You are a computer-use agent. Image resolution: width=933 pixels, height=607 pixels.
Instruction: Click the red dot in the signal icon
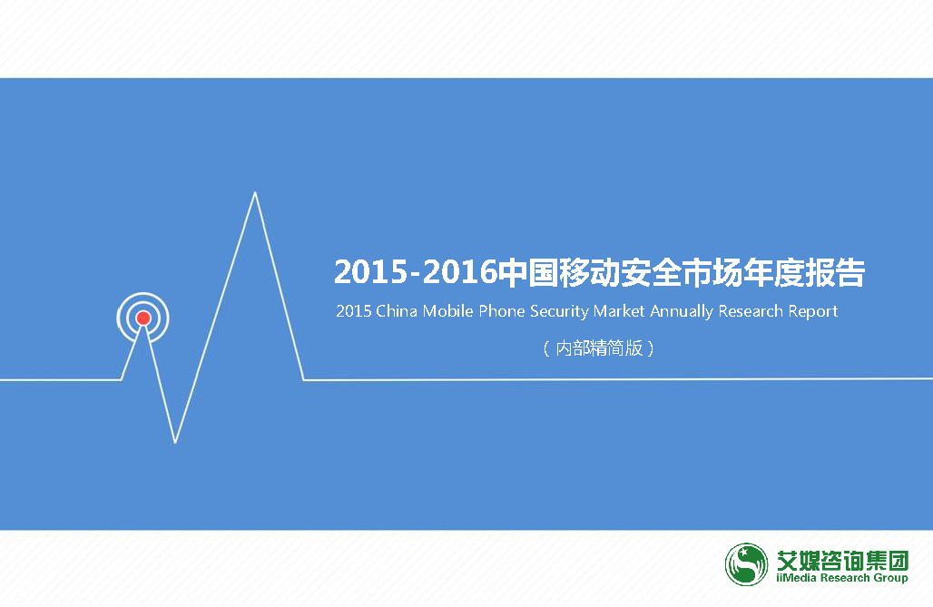point(143,318)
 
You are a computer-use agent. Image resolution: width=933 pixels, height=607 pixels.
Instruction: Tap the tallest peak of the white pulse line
point(255,193)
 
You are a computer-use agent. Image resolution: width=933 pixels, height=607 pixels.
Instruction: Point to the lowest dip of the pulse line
point(175,442)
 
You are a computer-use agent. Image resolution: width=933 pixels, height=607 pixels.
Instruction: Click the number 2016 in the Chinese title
point(460,272)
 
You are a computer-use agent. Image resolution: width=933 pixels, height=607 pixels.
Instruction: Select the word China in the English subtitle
point(397,310)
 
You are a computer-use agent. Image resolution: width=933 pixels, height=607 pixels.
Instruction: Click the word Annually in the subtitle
point(682,311)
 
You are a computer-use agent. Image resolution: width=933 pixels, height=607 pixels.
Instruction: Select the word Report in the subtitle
point(813,311)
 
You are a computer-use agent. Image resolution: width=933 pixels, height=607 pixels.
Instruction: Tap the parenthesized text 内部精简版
point(599,348)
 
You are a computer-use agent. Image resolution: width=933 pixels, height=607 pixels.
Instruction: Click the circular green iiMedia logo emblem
point(746,564)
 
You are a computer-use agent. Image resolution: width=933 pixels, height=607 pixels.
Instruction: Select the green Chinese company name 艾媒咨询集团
point(842,560)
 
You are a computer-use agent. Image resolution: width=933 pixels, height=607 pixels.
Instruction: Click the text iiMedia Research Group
point(842,578)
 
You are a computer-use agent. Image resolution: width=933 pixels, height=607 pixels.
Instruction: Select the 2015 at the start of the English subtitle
point(353,310)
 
